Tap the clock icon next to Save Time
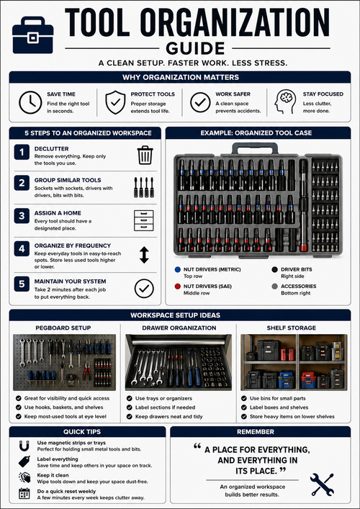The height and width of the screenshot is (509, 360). click(x=30, y=102)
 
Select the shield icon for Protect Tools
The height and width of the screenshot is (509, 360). click(x=115, y=102)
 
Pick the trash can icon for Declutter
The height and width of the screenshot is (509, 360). click(x=145, y=155)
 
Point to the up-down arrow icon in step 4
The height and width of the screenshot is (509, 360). click(x=145, y=254)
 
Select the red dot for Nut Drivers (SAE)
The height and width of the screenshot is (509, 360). click(x=177, y=286)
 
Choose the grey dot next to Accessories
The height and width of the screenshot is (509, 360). click(x=264, y=286)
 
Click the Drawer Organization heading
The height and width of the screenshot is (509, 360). click(x=179, y=328)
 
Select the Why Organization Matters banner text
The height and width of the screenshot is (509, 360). click(x=180, y=77)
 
